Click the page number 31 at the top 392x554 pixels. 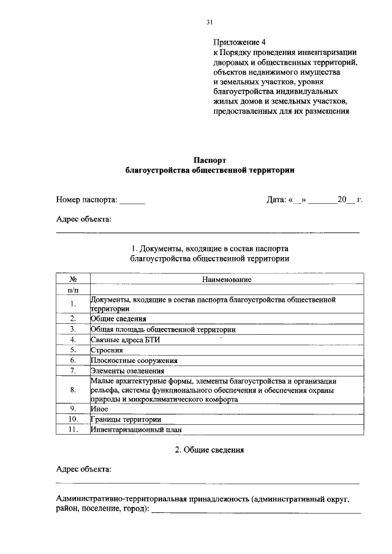click(209, 23)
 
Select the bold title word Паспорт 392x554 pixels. click(209, 160)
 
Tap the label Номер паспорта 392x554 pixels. click(86, 200)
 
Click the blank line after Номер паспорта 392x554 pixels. click(132, 201)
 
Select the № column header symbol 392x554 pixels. click(72, 279)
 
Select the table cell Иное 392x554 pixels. click(99, 408)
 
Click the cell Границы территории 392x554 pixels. click(126, 419)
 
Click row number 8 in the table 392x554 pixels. click(72, 389)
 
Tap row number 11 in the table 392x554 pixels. click(72, 429)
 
